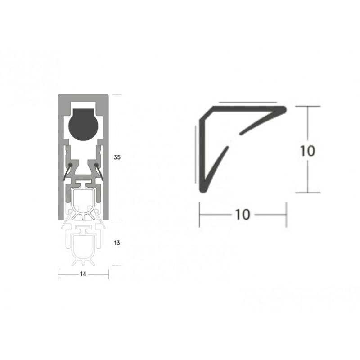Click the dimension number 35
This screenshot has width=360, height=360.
[117, 157]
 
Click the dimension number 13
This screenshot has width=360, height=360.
[117, 243]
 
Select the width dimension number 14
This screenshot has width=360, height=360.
[83, 274]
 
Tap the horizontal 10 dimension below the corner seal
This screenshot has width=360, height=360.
[242, 215]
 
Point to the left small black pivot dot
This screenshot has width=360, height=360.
[70, 166]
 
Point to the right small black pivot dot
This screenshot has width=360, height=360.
[96, 166]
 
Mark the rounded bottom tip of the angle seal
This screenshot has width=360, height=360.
[205, 189]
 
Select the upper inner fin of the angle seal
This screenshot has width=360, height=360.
[256, 124]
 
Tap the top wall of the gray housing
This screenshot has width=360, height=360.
[83, 99]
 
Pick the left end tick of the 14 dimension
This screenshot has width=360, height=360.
[58, 274]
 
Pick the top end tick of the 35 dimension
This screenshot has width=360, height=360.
[117, 94]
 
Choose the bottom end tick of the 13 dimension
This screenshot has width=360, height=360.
[117, 265]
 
